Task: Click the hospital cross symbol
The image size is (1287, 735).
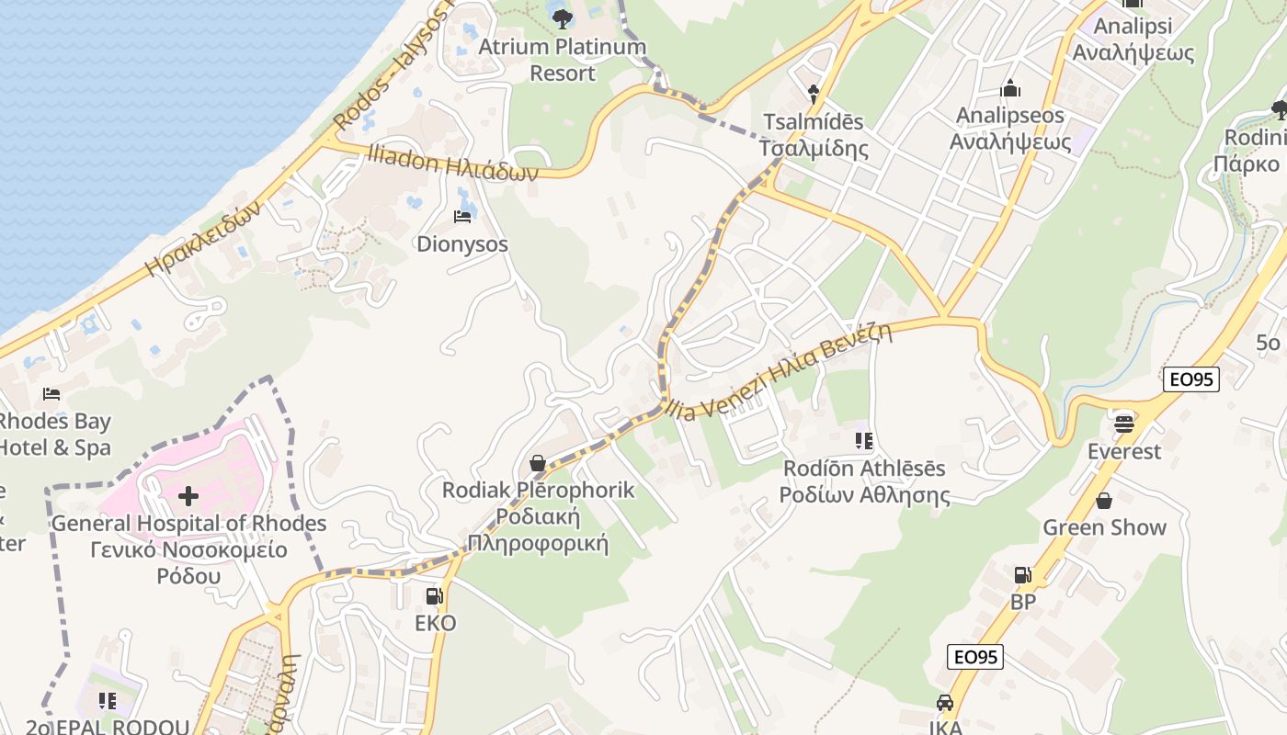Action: coord(188,496)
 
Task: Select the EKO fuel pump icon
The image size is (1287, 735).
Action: coord(434,596)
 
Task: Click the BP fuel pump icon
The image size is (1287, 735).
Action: coord(1022,575)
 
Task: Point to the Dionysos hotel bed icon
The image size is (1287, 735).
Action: coord(462,217)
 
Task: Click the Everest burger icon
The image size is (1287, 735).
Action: coord(1123,424)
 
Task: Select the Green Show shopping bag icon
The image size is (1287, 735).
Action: coord(1103,501)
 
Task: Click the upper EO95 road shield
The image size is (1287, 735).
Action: coord(1190,379)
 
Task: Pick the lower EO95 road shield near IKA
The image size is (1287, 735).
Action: coord(975,657)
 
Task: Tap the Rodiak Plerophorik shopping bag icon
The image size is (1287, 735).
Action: coord(538,462)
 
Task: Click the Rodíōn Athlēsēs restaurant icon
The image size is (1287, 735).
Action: coord(863,441)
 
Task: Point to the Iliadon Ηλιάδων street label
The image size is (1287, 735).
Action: coord(452,163)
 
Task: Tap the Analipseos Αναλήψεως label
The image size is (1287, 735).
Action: coord(1009,129)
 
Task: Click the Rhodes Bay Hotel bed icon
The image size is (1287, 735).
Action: coord(51,394)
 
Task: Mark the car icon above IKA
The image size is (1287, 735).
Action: coord(944,703)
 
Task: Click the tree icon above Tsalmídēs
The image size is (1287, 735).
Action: coord(814,91)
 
